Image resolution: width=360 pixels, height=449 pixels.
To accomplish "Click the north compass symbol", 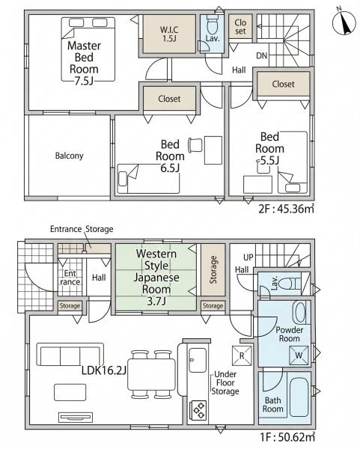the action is [344, 23].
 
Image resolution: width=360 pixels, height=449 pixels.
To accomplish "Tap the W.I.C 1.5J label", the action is [169, 34].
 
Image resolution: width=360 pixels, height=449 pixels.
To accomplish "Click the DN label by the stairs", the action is [261, 55].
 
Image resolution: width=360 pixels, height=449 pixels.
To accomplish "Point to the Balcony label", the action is [69, 156].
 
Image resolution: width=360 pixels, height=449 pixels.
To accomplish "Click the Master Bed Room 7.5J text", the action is [84, 64].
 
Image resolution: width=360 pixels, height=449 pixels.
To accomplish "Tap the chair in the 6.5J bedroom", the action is [195, 145].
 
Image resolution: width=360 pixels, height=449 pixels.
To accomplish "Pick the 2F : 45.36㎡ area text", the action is [286, 209].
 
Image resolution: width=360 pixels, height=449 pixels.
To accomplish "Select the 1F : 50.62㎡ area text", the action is [287, 437].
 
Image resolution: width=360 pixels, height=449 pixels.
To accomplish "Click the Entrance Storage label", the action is [82, 229].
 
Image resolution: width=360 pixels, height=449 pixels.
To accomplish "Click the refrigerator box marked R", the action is [242, 355].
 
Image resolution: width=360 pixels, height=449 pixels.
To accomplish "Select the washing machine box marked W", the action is [299, 355].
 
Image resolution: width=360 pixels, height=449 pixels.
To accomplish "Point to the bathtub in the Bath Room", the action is [299, 397].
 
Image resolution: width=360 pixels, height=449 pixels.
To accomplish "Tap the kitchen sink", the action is [198, 360].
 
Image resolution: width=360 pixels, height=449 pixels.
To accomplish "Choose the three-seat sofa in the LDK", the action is [70, 355].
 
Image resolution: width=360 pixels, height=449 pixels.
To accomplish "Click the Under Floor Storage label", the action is [225, 383].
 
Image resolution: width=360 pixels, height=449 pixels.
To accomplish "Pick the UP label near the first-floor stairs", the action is [248, 257].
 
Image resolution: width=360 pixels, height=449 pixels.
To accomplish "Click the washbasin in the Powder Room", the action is [300, 313].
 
